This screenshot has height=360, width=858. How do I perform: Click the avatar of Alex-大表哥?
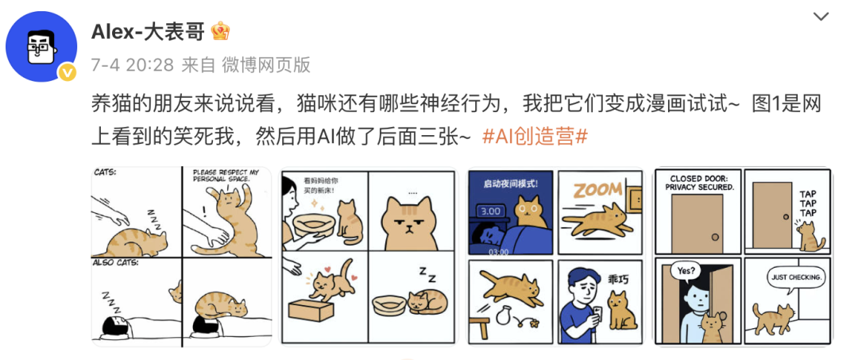tap(41, 47)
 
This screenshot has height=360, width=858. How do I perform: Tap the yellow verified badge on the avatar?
tap(68, 72)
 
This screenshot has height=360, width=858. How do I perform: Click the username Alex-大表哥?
tap(147, 32)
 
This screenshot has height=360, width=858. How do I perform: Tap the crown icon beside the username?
tap(221, 31)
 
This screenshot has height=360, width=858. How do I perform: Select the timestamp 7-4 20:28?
tap(132, 66)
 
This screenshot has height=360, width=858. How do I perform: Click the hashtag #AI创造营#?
tap(535, 137)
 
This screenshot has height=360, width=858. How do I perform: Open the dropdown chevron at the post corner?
tap(821, 17)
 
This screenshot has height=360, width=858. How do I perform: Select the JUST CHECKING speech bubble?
tap(796, 277)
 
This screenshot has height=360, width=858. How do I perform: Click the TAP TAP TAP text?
tap(807, 203)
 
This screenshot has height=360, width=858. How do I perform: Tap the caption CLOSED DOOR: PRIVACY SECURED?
tap(699, 183)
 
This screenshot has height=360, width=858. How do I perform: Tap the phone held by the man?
tap(597, 313)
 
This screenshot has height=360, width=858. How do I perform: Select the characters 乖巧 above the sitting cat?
tap(618, 279)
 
